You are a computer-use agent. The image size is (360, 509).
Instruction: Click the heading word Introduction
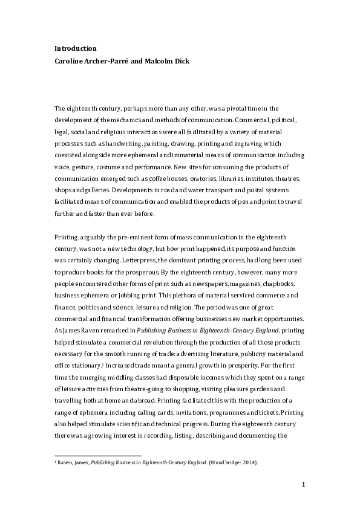tap(76, 48)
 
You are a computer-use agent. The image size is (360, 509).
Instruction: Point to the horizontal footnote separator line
tap(97, 455)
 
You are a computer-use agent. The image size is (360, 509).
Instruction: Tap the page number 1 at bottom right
tap(303, 484)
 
